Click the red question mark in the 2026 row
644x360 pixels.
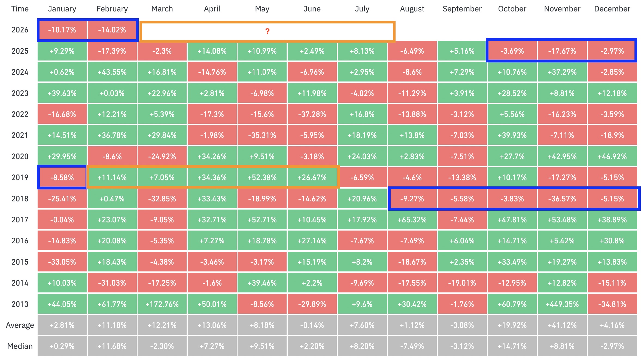pyautogui.click(x=267, y=31)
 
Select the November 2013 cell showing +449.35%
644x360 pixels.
pyautogui.click(x=562, y=304)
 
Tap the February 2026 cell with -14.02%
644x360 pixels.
pyautogui.click(x=112, y=30)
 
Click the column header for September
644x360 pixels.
pyautogui.click(x=462, y=9)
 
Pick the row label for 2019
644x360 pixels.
pyautogui.click(x=20, y=177)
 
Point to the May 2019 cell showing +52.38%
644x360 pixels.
pyautogui.click(x=262, y=177)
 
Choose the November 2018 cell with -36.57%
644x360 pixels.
pyautogui.click(x=562, y=199)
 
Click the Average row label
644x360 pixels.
pyautogui.click(x=20, y=325)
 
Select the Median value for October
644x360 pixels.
pyautogui.click(x=512, y=346)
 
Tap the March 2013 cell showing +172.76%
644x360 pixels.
pyautogui.click(x=162, y=304)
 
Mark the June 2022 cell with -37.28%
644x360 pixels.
pyautogui.click(x=312, y=114)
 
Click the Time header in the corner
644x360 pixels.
pyautogui.click(x=20, y=9)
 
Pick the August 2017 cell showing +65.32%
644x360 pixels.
pyautogui.click(x=412, y=220)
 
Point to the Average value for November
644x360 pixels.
pyautogui.click(x=562, y=325)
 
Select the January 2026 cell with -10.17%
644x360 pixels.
pyautogui.click(x=62, y=30)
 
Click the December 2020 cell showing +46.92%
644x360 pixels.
pyautogui.click(x=612, y=156)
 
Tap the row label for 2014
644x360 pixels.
pyautogui.click(x=20, y=283)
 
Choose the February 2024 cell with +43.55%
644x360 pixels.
pyautogui.click(x=112, y=72)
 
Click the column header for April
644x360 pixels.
pyautogui.click(x=212, y=9)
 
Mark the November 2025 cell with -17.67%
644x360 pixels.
pyautogui.click(x=562, y=51)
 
